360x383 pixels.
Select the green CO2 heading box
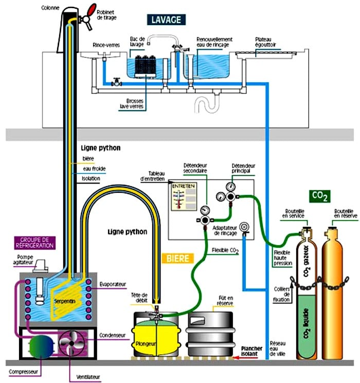pyautogui.click(x=320, y=196)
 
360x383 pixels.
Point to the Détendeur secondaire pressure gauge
pyautogui.click(x=205, y=210)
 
